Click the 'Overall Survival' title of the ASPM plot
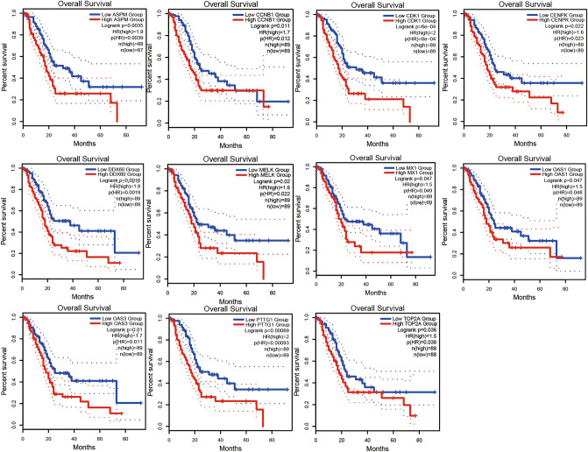74,4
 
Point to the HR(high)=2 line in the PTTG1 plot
273,337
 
